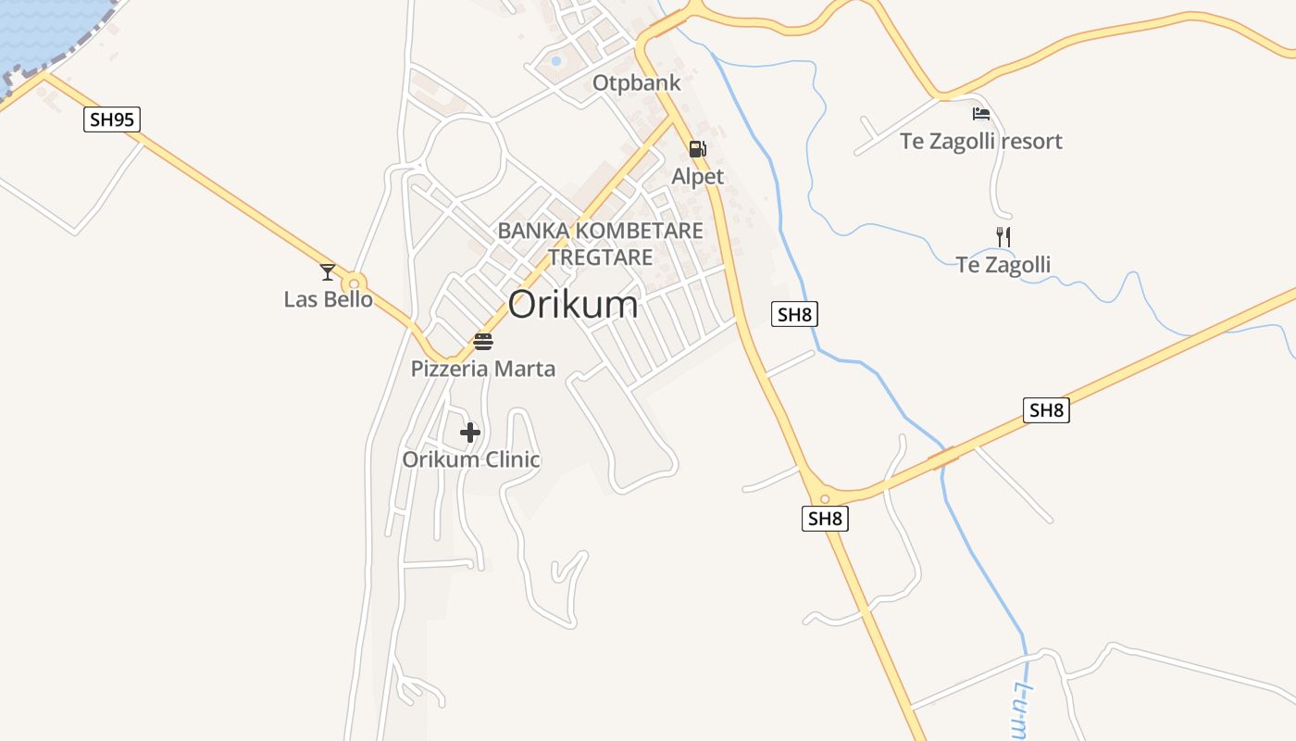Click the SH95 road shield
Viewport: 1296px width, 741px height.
pyautogui.click(x=112, y=119)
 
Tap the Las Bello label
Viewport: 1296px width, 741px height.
pyautogui.click(x=328, y=299)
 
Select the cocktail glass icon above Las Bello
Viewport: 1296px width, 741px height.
pyautogui.click(x=328, y=271)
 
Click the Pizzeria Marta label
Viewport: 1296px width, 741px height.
pyautogui.click(x=483, y=369)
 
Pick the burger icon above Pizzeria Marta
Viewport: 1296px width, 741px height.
pyautogui.click(x=483, y=341)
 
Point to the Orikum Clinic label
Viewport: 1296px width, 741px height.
pyautogui.click(x=471, y=459)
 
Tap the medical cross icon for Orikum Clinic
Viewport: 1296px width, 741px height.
pyautogui.click(x=470, y=432)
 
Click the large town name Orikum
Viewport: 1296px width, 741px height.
pyautogui.click(x=573, y=305)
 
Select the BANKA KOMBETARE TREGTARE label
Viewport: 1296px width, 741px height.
pyautogui.click(x=601, y=244)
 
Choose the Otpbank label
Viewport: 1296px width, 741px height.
pyautogui.click(x=637, y=83)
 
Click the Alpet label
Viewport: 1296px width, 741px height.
pyautogui.click(x=698, y=176)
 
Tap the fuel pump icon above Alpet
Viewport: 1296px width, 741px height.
pyautogui.click(x=697, y=148)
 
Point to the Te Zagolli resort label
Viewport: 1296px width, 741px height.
pyautogui.click(x=981, y=142)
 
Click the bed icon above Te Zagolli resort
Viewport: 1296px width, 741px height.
pyautogui.click(x=981, y=114)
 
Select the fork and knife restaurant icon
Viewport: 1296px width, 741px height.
pyautogui.click(x=1003, y=236)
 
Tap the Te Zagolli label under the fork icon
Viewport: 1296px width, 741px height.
pyautogui.click(x=1003, y=266)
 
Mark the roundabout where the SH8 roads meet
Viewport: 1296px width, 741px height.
pyautogui.click(x=824, y=498)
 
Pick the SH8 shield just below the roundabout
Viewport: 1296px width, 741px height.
pyautogui.click(x=825, y=519)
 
